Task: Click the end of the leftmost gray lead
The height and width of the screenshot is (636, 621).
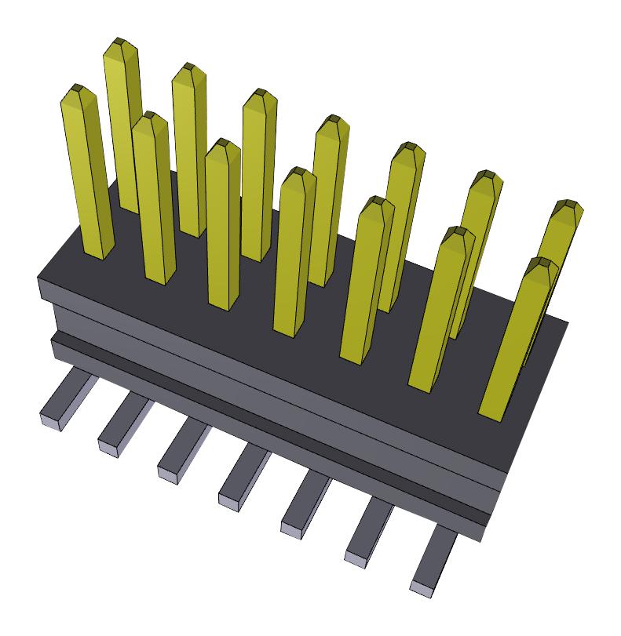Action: tap(52, 420)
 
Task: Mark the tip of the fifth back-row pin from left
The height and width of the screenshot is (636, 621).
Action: tap(407, 150)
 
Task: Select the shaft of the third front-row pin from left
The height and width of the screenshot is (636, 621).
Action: tap(224, 227)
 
